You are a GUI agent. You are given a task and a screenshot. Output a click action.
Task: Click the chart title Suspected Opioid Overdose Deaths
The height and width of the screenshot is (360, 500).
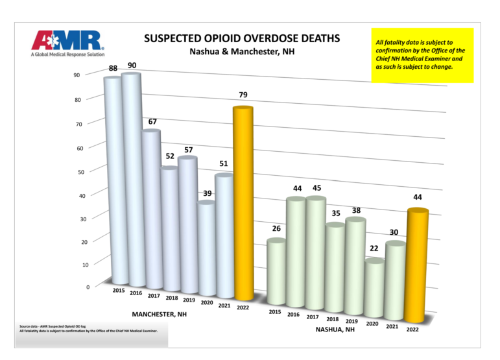coord(241,38)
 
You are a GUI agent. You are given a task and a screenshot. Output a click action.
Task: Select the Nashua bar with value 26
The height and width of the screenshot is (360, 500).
coord(276,272)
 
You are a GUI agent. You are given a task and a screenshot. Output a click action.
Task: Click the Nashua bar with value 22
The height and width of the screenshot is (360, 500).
coord(374,289)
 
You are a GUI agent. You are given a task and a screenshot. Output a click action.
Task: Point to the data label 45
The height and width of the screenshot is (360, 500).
coord(317,188)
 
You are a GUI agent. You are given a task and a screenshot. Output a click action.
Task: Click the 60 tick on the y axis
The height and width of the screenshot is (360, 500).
coord(80,148)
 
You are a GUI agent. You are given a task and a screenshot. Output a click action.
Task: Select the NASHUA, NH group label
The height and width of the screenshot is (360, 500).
coord(335,330)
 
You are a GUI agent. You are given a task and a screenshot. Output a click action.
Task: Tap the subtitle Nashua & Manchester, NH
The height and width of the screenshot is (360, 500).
coord(241,52)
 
